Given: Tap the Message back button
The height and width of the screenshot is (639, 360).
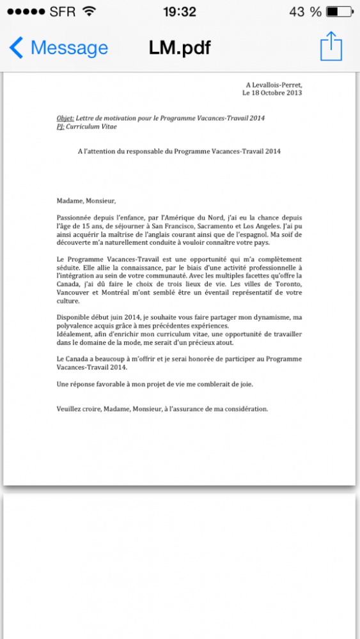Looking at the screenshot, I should (59, 48).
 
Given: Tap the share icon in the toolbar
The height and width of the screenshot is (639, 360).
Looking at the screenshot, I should (331, 47).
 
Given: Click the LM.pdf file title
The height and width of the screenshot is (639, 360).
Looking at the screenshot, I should (180, 48).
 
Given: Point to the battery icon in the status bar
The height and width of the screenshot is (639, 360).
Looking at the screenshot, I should (339, 12).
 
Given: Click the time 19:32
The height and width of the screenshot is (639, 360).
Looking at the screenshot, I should (180, 12).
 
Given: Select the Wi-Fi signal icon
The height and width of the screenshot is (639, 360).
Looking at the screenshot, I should (90, 12).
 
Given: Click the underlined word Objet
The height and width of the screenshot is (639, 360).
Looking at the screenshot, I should (65, 118).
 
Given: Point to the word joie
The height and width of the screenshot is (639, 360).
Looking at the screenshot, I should (244, 384).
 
